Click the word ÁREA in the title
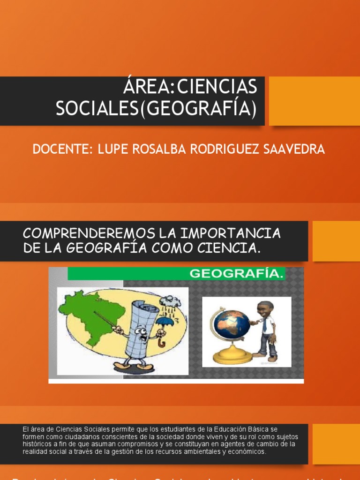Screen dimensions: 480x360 coord(143,87)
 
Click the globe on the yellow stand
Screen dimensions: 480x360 coord(232,323)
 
